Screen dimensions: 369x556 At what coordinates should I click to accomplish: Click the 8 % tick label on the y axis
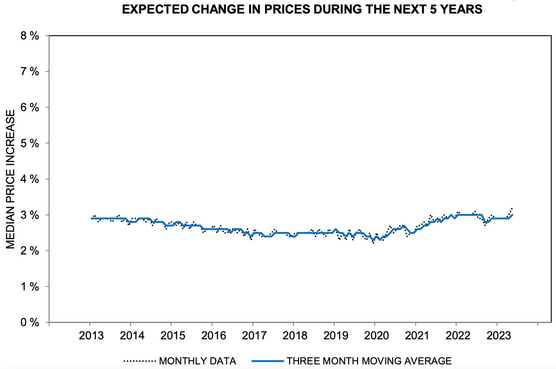pos(30,36)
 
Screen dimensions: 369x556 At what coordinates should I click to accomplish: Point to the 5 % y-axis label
pos(30,143)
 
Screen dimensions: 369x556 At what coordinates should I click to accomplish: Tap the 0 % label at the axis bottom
pos(30,322)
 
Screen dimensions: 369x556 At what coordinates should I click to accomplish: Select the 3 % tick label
pos(30,215)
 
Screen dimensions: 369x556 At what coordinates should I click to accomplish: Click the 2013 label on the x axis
pos(91,336)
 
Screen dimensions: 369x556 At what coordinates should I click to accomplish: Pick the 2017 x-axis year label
pos(254,336)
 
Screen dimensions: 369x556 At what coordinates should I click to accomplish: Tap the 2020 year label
pos(376,336)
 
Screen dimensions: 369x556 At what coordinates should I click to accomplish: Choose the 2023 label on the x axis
pos(498,336)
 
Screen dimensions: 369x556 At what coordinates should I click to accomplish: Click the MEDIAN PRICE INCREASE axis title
pos(10,179)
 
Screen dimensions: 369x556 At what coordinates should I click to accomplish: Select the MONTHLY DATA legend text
pos(197,361)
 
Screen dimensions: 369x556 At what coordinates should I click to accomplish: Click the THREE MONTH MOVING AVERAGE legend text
pos(369,361)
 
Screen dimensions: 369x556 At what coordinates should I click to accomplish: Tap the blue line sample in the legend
pos(268,361)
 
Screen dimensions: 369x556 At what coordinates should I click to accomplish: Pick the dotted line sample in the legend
pos(139,361)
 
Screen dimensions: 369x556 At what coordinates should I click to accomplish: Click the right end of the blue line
pos(512,215)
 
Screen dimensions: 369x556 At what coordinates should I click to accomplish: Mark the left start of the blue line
pos(92,218)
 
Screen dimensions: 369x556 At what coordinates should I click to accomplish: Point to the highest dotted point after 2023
pos(512,208)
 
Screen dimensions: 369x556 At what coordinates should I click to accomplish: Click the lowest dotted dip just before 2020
pos(373,243)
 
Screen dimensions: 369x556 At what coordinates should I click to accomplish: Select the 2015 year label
pos(173,336)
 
